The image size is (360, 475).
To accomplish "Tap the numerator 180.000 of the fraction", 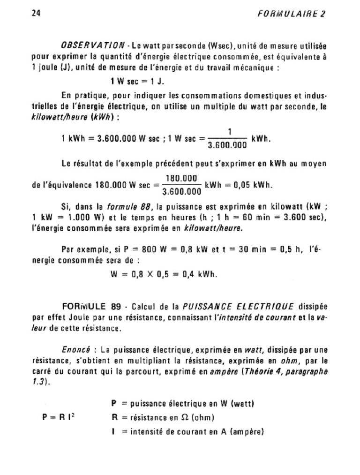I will coord(181,179).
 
